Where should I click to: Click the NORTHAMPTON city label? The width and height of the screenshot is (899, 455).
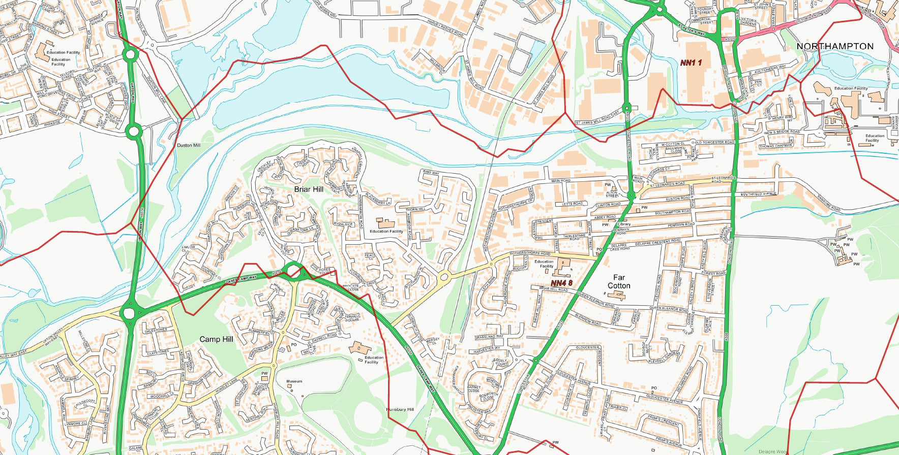tap(834, 46)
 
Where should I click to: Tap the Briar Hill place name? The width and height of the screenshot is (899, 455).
tap(309, 189)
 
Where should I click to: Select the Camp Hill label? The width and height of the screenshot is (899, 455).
tap(216, 339)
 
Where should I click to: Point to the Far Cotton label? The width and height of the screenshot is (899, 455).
tap(619, 281)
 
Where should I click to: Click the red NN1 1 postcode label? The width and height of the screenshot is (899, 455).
tap(691, 62)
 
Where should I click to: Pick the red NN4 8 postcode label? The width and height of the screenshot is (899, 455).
tap(561, 283)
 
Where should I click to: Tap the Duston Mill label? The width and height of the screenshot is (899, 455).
tap(188, 145)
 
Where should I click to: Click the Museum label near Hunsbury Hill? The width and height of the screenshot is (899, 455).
tap(294, 381)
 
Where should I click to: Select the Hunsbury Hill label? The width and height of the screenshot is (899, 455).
tap(400, 409)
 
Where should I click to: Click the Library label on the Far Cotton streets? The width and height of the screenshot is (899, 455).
tap(624, 224)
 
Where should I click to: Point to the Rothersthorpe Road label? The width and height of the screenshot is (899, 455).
tap(530, 253)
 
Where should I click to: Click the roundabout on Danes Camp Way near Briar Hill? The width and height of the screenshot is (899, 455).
tap(293, 270)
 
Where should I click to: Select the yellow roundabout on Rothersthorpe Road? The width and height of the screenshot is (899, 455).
tap(444, 277)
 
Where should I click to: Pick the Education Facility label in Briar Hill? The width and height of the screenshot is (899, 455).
tap(386, 231)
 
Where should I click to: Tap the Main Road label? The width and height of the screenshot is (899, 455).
tap(560, 181)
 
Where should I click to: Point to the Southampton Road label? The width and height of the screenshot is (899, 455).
tap(672, 212)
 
